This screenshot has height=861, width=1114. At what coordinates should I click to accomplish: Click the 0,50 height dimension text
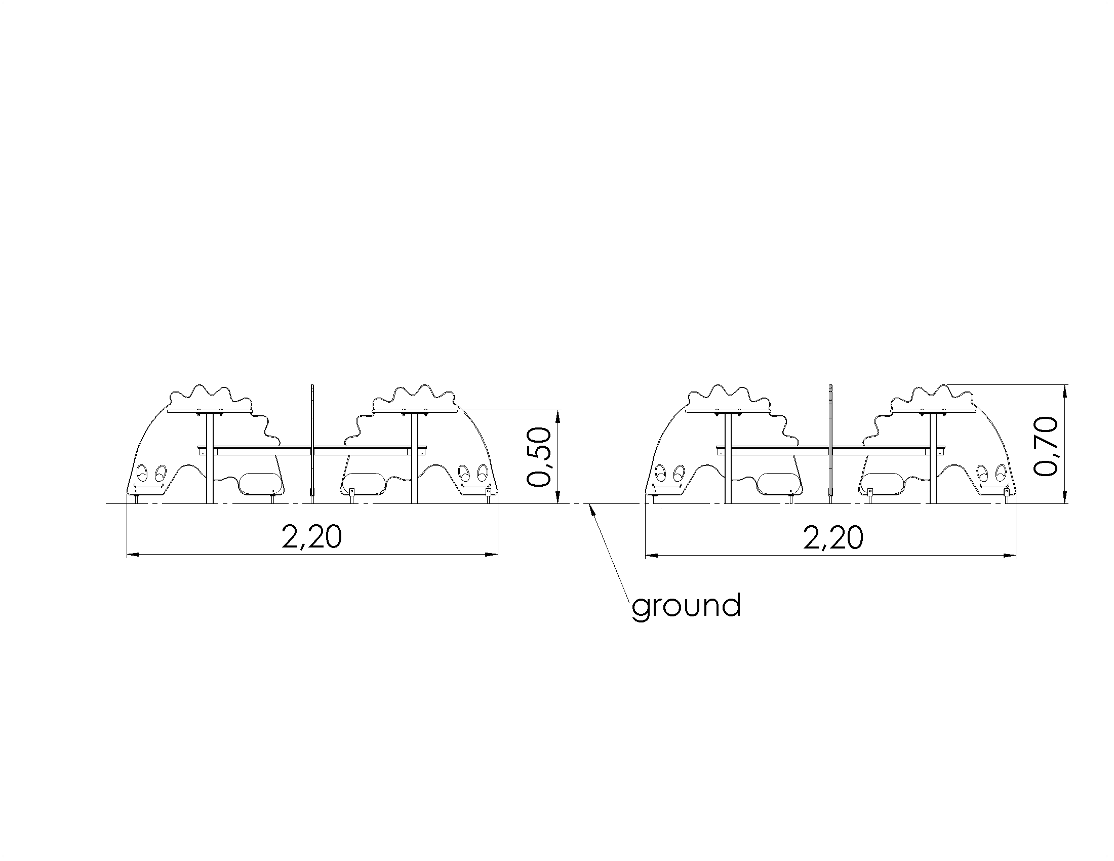tap(540, 457)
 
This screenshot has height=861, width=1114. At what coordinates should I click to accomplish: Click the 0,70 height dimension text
tap(1046, 447)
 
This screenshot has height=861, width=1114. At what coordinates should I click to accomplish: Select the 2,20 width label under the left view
tap(311, 536)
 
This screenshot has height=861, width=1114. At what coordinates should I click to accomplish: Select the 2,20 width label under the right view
tap(833, 537)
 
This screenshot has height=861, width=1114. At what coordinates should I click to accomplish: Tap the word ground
tap(686, 606)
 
